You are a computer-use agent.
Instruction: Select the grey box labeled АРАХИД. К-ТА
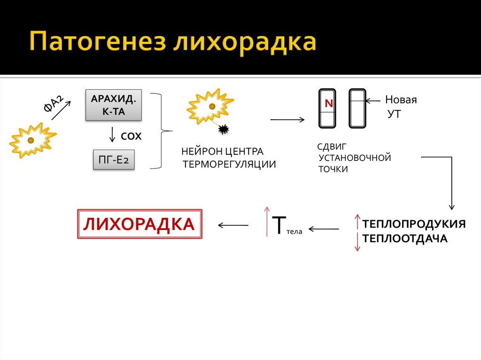tap(114, 106)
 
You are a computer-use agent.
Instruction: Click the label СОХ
tap(131, 136)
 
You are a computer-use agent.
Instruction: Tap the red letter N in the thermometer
tap(328, 104)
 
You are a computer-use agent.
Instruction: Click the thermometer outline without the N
tap(357, 108)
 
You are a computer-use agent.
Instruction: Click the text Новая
tap(401, 100)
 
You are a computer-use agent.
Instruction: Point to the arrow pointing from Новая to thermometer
tap(373, 100)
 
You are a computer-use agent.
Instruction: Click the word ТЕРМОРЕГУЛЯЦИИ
tap(229, 164)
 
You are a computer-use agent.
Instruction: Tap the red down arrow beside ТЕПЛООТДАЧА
tap(357, 241)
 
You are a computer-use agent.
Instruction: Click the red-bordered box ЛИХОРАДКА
tap(140, 224)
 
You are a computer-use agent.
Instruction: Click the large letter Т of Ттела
tap(279, 225)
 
